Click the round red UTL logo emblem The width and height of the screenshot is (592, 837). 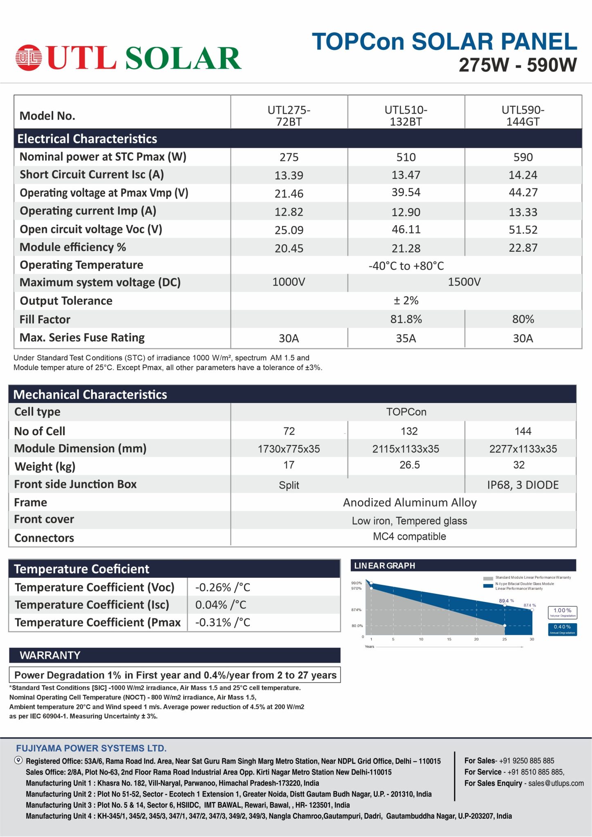[29, 57]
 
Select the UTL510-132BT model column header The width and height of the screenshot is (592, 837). [406, 116]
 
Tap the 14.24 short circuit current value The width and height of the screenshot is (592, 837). [523, 175]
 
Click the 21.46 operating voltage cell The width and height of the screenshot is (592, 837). [289, 193]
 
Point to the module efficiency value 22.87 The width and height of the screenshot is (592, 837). [523, 248]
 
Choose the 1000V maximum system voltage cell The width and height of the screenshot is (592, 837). [289, 282]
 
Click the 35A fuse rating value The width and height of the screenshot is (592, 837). [406, 338]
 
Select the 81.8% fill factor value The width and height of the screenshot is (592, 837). [406, 319]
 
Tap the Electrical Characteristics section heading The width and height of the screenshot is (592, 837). [87, 139]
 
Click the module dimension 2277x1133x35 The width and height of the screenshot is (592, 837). [523, 449]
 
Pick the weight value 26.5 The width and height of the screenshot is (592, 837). [409, 465]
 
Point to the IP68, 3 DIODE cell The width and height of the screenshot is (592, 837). [522, 485]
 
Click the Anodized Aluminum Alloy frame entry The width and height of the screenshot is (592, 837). [410, 503]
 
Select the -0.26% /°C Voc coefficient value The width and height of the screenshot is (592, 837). [223, 587]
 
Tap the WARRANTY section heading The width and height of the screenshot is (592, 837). [50, 655]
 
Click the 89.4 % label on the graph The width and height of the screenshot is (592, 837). [506, 601]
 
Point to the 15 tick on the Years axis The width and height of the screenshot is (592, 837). [449, 639]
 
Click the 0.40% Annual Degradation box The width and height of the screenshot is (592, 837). [562, 629]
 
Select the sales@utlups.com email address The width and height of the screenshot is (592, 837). [556, 783]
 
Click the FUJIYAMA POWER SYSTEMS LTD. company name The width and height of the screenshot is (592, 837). [91, 748]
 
